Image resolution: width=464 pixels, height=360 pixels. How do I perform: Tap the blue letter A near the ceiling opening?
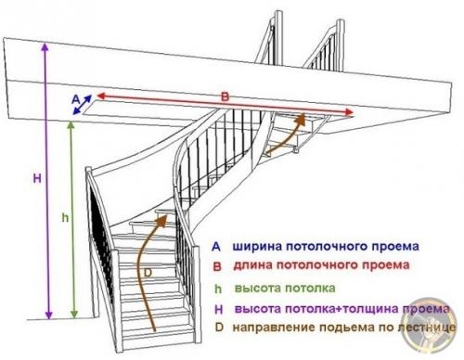tap(75, 96)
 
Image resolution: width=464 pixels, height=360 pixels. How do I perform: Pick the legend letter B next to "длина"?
tap(216, 266)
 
